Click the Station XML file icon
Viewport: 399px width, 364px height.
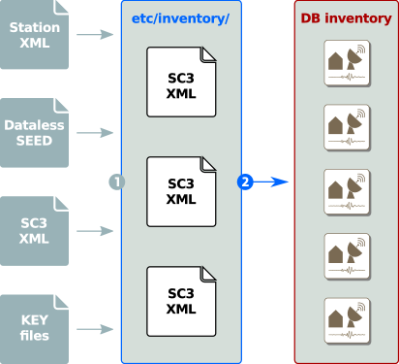click(34, 35)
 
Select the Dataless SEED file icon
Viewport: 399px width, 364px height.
click(34, 132)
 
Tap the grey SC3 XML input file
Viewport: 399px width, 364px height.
click(34, 231)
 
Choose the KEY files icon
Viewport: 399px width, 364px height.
click(34, 328)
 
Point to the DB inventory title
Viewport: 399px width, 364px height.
click(345, 18)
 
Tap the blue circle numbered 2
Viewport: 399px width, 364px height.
click(245, 182)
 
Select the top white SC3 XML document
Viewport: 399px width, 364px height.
click(181, 81)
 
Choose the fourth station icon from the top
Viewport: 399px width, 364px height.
click(346, 252)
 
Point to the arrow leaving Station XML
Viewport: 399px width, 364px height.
click(94, 35)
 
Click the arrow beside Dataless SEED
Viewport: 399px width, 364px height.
click(94, 132)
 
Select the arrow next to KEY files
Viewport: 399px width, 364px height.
click(94, 328)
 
